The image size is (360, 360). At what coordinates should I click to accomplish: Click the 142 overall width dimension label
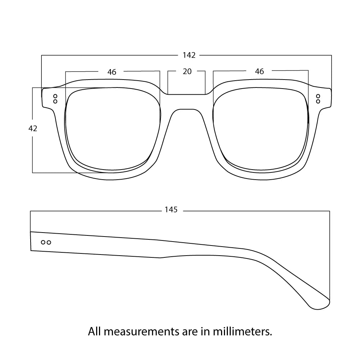point(189,55)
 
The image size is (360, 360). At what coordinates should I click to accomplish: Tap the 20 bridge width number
point(187,71)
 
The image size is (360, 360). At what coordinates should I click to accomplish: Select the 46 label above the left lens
point(112,72)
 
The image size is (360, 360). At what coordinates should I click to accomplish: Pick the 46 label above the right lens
point(259,71)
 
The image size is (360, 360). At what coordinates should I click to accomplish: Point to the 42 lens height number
point(33,128)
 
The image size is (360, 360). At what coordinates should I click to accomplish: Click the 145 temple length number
point(171,210)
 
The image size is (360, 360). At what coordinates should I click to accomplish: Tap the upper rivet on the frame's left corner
point(55,96)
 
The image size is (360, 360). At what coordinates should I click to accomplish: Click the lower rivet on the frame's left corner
point(55,102)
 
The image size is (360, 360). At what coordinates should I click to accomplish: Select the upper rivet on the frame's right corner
point(318,96)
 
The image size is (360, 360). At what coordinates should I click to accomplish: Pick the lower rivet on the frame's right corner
point(318,101)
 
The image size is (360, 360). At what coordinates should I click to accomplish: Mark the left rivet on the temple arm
point(43,242)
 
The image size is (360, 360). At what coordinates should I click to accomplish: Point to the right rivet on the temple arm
point(49,242)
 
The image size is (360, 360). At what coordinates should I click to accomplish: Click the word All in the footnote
point(94,331)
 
